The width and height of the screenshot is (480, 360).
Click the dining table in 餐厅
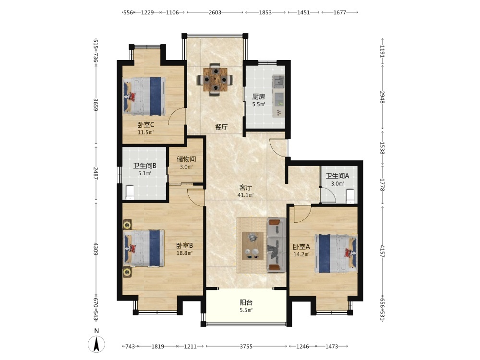click(x=216, y=80)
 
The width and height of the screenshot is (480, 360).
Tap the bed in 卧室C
click(x=144, y=96)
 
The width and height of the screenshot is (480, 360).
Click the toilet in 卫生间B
click(x=130, y=192)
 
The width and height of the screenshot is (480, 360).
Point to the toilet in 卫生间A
click(x=350, y=196)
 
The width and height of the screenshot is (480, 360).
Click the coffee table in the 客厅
click(x=252, y=245)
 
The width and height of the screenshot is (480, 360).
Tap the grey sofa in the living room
click(x=276, y=245)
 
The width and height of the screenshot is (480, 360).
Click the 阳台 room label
click(x=246, y=302)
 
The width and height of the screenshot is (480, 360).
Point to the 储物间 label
click(x=186, y=159)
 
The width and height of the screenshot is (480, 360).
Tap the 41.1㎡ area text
click(x=245, y=195)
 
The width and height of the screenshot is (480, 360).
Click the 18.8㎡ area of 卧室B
click(x=184, y=253)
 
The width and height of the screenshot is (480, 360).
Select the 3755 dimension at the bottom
click(x=246, y=346)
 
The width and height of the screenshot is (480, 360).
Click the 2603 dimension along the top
click(x=215, y=12)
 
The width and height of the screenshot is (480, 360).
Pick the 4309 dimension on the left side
click(x=96, y=249)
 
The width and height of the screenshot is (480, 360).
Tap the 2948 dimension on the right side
click(x=382, y=97)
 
